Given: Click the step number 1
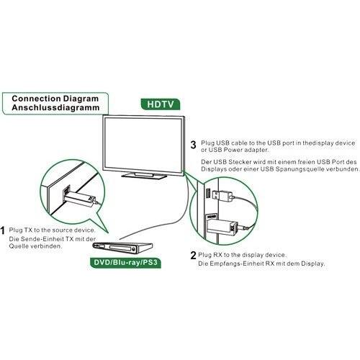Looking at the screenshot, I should (4, 231).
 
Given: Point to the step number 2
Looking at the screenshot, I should (193, 256).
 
